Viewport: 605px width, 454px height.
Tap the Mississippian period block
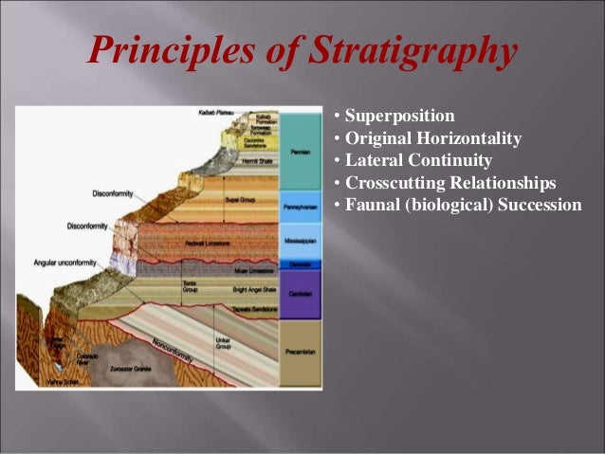(302, 241)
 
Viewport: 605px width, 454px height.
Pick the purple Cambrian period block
(302, 295)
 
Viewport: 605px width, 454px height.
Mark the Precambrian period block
(302, 352)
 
